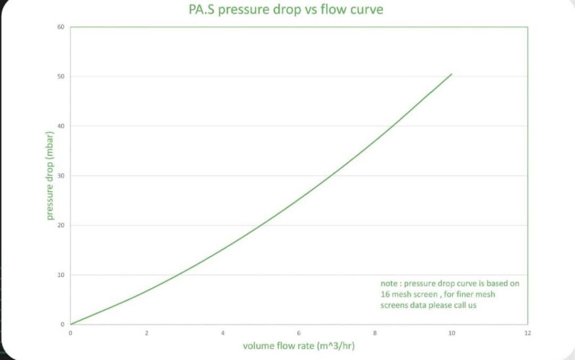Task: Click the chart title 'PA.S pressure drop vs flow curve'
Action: click(x=285, y=10)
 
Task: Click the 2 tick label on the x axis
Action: click(x=147, y=333)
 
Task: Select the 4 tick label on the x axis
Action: click(x=223, y=333)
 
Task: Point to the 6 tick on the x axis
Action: click(x=299, y=333)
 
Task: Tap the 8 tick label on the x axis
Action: click(x=375, y=333)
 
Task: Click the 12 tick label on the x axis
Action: click(x=527, y=333)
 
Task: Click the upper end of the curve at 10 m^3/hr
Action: click(x=451, y=74)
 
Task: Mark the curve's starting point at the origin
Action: click(x=71, y=324)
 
